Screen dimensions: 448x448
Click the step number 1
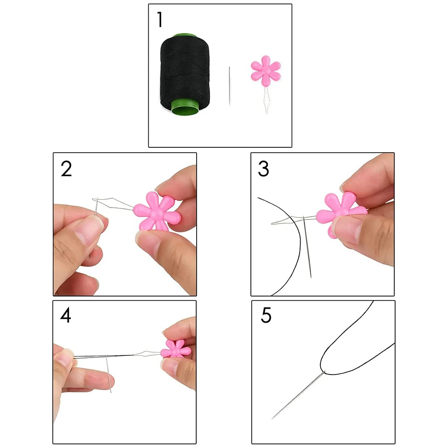tap(159, 20)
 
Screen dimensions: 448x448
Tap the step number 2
tap(66, 169)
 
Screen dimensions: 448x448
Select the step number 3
tap(263, 169)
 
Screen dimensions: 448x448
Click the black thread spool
tap(181, 72)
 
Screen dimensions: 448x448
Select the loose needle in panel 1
tap(229, 85)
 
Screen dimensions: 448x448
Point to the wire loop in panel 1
tap(266, 101)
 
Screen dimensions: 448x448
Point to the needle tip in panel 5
tap(273, 418)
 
